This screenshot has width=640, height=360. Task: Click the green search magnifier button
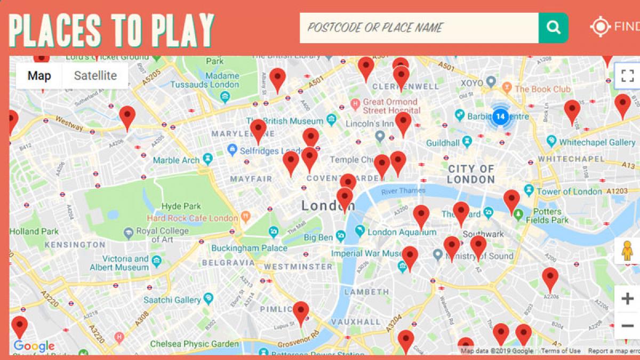tap(553, 28)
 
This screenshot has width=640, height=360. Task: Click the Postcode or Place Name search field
tap(419, 28)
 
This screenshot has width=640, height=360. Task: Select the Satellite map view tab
tap(95, 76)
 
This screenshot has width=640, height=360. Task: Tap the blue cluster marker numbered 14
tap(499, 116)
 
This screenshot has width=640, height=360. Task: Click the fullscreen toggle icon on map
tap(627, 75)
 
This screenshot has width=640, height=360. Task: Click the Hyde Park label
tap(181, 206)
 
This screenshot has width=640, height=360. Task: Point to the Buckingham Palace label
tap(249, 248)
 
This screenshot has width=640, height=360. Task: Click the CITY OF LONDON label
tap(471, 174)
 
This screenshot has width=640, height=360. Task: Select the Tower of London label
tap(569, 191)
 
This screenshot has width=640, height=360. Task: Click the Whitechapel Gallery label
tap(597, 142)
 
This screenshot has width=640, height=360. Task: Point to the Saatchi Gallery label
tap(172, 300)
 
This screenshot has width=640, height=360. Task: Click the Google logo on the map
tap(34, 346)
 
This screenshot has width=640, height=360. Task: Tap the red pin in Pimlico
tap(301, 312)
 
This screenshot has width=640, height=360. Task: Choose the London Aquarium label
tap(397, 232)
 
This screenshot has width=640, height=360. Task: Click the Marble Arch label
tap(176, 160)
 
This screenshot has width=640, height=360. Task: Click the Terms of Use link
tap(561, 351)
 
